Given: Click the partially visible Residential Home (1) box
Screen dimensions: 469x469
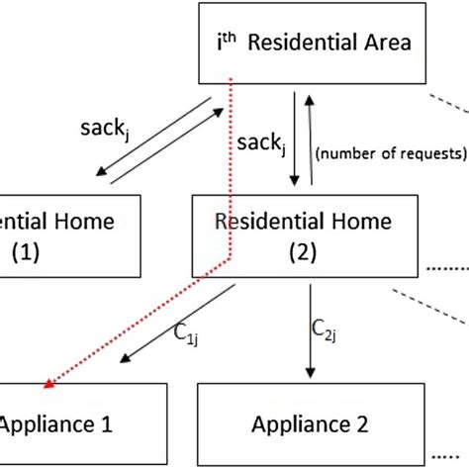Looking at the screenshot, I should [x=69, y=235].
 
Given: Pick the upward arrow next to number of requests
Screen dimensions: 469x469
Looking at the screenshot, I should [x=312, y=139].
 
